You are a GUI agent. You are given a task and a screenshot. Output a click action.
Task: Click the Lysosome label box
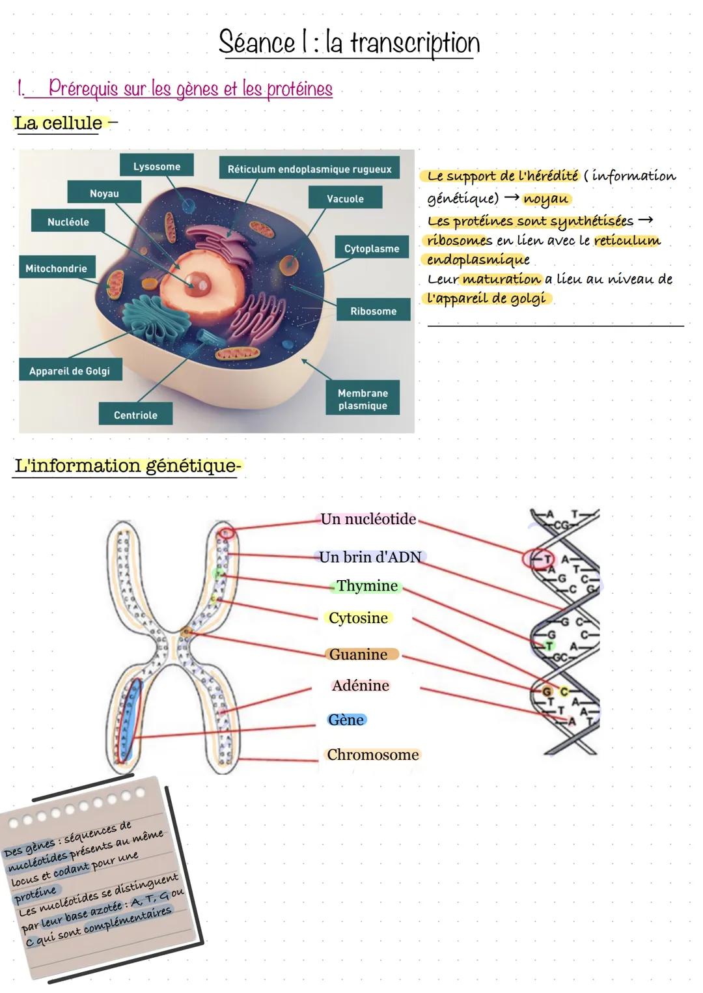[x=157, y=166]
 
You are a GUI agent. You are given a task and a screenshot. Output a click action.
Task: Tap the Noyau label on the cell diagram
[x=104, y=193]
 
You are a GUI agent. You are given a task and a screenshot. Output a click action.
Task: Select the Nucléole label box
[x=68, y=221]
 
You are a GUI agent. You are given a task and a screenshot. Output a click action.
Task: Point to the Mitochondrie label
[x=56, y=268]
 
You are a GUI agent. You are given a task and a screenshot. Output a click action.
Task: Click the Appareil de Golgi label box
[x=69, y=371]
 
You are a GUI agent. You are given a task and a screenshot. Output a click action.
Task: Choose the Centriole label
[x=135, y=414]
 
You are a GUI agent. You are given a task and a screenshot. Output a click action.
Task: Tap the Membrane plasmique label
[x=363, y=399]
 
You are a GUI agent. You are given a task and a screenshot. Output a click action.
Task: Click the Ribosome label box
[x=373, y=311]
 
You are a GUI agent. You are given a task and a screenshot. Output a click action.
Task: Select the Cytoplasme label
[x=372, y=248]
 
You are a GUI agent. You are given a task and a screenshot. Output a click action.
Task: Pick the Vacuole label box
[x=345, y=198]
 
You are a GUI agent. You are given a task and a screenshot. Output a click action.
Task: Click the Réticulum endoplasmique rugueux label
[x=309, y=169]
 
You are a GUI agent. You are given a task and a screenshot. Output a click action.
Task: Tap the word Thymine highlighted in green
[x=367, y=586]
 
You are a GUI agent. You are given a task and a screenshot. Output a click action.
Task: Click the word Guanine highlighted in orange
[x=359, y=654]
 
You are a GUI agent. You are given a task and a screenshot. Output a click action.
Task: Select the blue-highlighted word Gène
[x=346, y=720]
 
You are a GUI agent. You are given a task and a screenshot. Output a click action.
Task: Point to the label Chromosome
[x=373, y=755]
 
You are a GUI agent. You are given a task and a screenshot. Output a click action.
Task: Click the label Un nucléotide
[x=368, y=519]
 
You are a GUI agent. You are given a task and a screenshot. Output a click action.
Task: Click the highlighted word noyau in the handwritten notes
[x=546, y=199]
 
